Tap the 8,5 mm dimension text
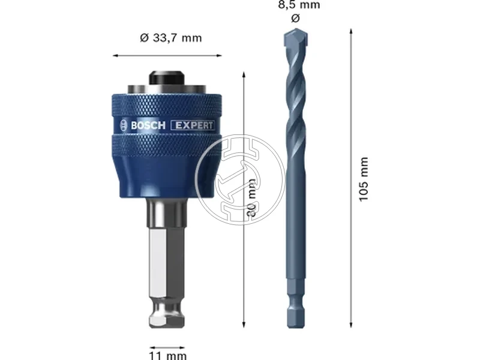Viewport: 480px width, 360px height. click(299, 5)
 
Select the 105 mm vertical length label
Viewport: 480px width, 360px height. click(364, 179)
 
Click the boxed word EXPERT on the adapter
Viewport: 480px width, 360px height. click(193, 125)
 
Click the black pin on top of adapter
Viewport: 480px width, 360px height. click(167, 78)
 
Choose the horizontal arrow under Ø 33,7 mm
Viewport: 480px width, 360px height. click(166, 56)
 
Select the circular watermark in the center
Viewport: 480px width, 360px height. click(240, 180)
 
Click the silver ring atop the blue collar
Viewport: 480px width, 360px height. click(166, 90)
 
